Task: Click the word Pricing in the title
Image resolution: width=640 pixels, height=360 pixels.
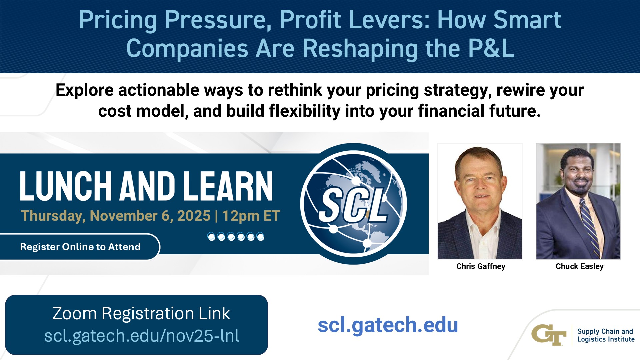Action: (x=118, y=20)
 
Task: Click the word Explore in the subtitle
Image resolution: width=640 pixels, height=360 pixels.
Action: (x=85, y=90)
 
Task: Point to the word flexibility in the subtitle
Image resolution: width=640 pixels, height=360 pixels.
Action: (x=305, y=111)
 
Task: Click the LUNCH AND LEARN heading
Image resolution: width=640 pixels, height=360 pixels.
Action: (x=147, y=186)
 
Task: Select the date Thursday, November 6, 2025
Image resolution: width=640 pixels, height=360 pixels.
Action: (x=116, y=216)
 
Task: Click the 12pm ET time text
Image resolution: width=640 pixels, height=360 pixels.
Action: (x=251, y=216)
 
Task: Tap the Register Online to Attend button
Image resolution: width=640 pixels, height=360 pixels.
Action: (x=80, y=247)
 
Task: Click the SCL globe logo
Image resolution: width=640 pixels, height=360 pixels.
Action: (x=354, y=204)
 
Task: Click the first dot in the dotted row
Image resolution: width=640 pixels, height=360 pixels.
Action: (x=211, y=237)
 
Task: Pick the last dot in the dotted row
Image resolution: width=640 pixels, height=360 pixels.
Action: (x=261, y=237)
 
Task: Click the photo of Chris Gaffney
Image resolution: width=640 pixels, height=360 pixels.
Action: (x=480, y=201)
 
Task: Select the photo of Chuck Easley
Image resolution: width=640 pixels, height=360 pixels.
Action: (x=578, y=201)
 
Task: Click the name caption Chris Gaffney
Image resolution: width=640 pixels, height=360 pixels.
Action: (x=481, y=266)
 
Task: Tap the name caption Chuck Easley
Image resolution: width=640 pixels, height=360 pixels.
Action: (x=580, y=266)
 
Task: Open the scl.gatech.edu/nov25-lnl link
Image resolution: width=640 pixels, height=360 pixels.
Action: (x=142, y=336)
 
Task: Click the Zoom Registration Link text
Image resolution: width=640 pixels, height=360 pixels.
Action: (x=141, y=313)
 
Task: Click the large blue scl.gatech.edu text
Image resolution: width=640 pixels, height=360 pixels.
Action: (x=388, y=325)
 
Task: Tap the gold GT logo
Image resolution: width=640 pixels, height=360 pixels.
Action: (x=549, y=335)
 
